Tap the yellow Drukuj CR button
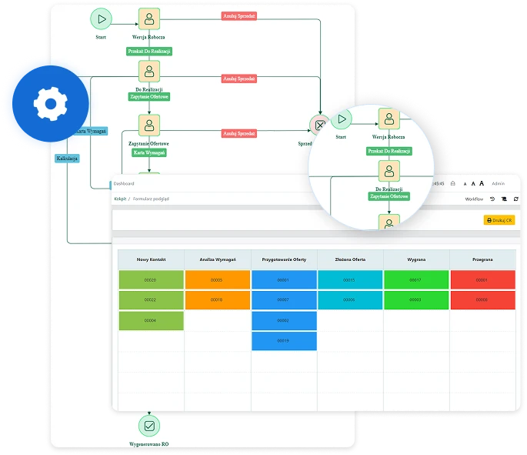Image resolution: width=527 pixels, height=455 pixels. pyautogui.click(x=499, y=220)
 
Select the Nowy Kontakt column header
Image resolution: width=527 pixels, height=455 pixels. pyautogui.click(x=152, y=259)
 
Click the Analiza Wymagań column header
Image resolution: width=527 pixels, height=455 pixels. pyautogui.click(x=218, y=259)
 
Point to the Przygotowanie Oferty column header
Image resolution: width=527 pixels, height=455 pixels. pyautogui.click(x=284, y=259)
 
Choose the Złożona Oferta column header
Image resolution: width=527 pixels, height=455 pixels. pyautogui.click(x=350, y=259)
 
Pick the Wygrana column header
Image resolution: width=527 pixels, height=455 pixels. pyautogui.click(x=415, y=259)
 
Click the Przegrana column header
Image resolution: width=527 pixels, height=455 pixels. pyautogui.click(x=482, y=259)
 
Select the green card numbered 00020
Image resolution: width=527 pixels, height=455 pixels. pyautogui.click(x=152, y=280)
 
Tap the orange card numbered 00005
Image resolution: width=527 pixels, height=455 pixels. pyautogui.click(x=218, y=280)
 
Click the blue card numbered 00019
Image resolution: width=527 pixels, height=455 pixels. pyautogui.click(x=284, y=340)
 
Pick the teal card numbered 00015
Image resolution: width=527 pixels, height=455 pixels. pyautogui.click(x=350, y=280)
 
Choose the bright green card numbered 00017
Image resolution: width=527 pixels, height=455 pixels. pyautogui.click(x=415, y=280)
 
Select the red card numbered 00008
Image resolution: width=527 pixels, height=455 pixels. pyautogui.click(x=482, y=300)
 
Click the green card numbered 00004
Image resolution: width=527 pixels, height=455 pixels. pyautogui.click(x=152, y=320)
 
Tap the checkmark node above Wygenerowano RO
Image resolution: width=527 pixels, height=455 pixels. pyautogui.click(x=149, y=424)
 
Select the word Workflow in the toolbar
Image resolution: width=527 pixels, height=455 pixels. pyautogui.click(x=474, y=199)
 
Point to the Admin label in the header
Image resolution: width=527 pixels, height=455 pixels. pyautogui.click(x=499, y=184)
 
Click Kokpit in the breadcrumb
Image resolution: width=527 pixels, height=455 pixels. pyautogui.click(x=121, y=199)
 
